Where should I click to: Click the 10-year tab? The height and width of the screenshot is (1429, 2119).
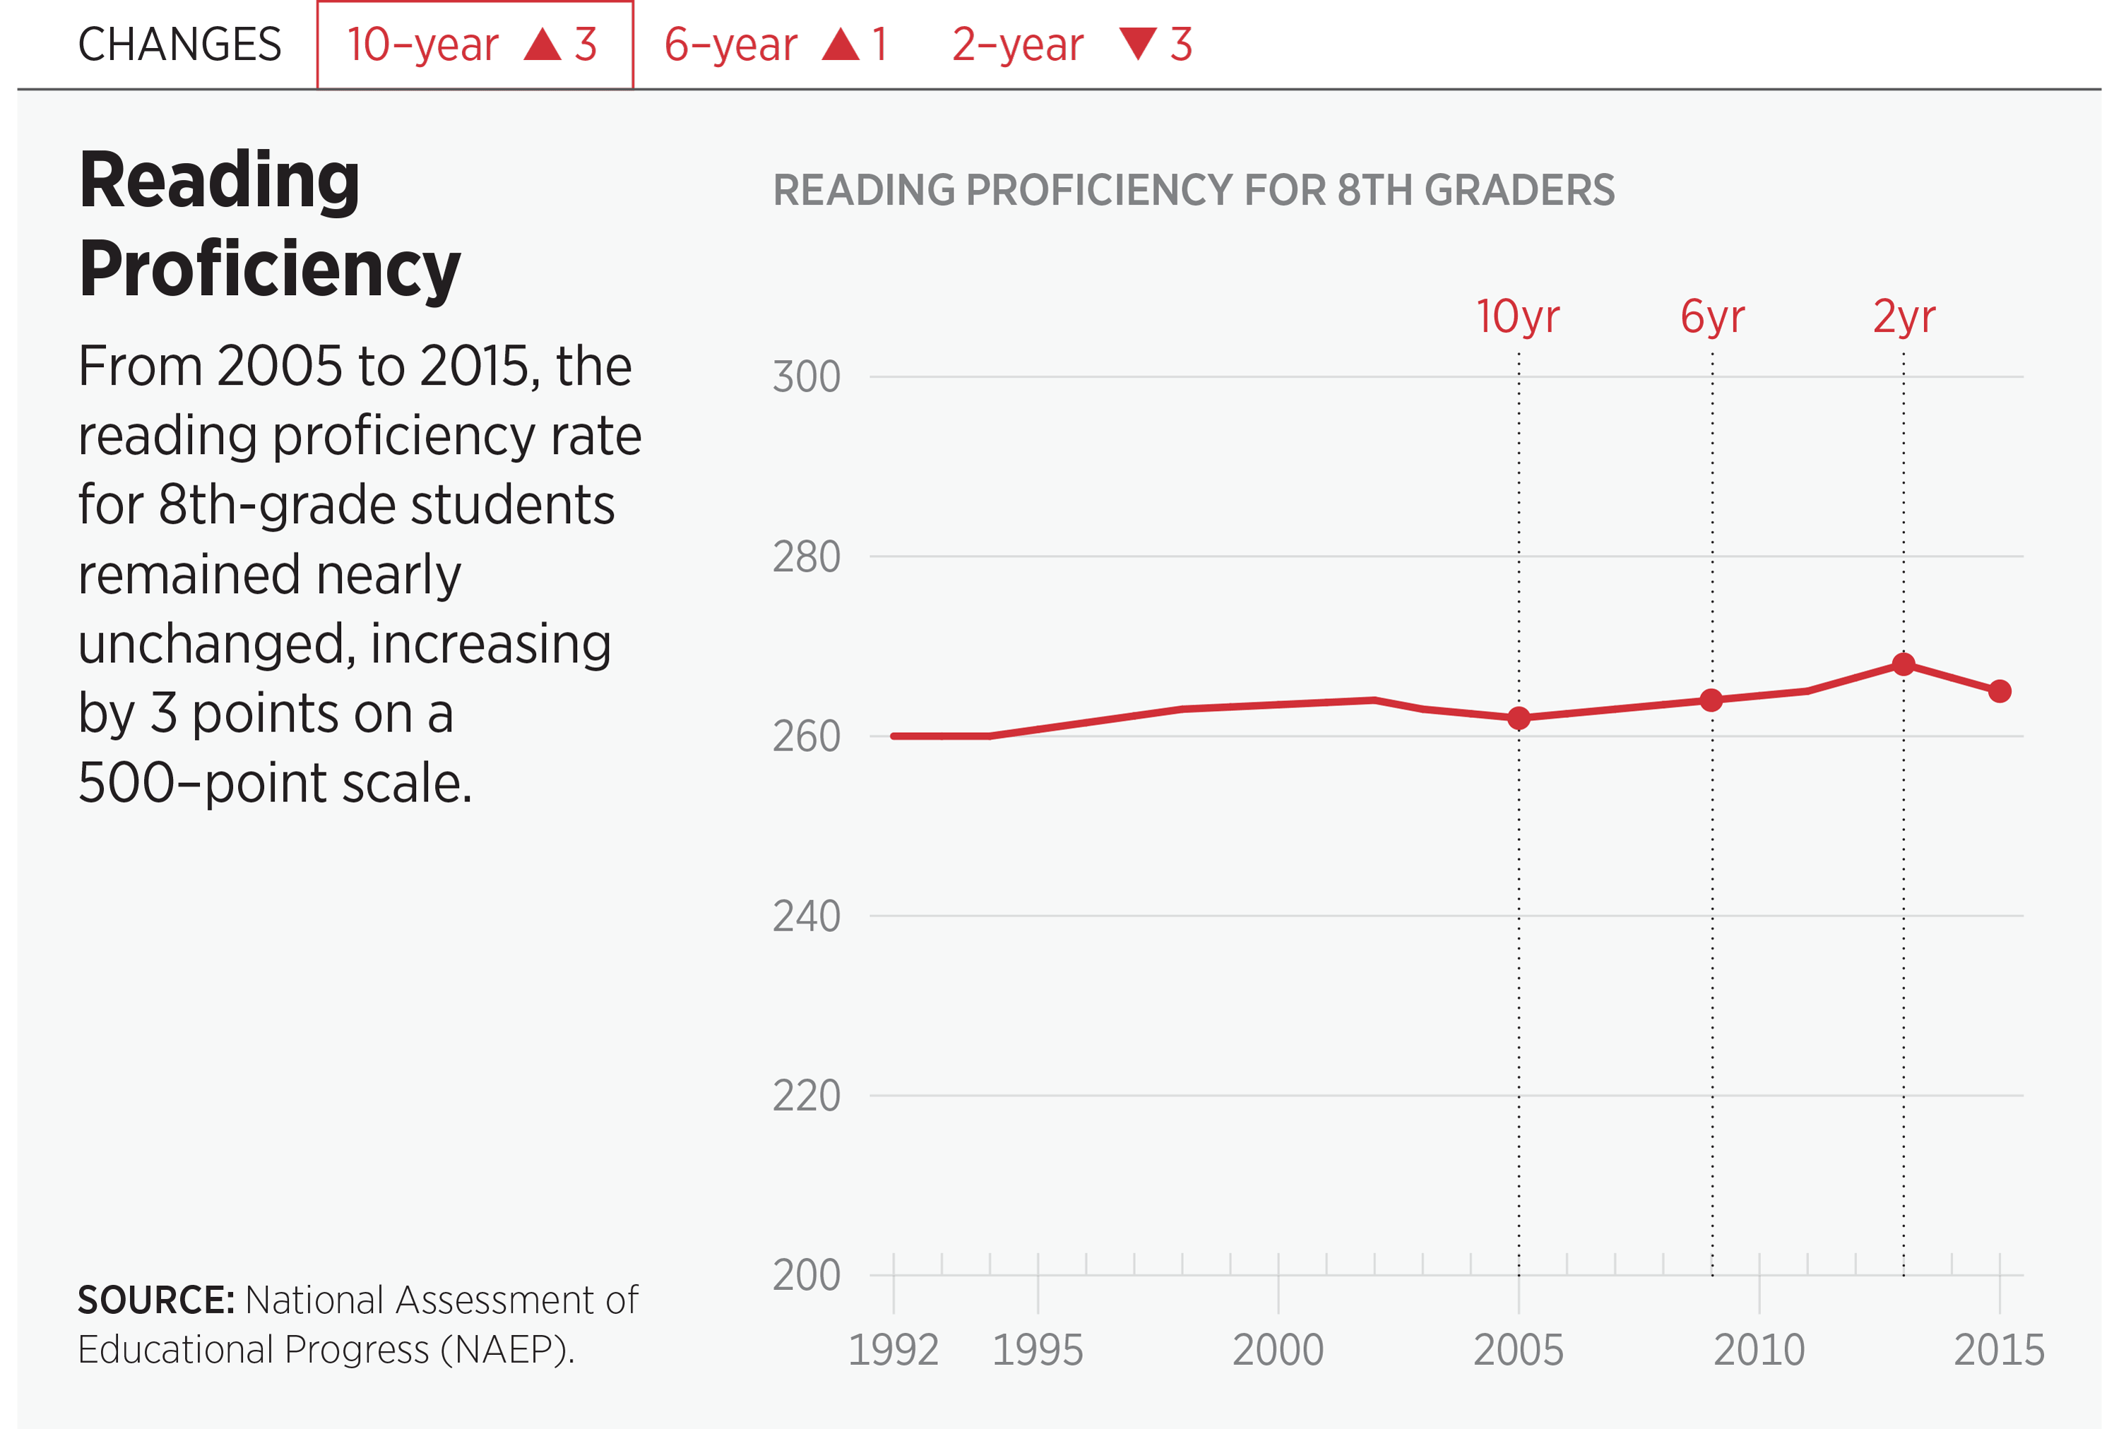coord(474,44)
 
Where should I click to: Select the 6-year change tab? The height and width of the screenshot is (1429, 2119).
coord(775,44)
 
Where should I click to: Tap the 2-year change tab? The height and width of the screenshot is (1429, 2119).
coord(1072,44)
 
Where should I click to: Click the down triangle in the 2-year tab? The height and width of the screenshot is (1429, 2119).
coord(1138,43)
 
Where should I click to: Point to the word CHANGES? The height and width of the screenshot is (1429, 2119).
coord(179,44)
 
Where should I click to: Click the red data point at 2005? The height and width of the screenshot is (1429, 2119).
coord(1518,718)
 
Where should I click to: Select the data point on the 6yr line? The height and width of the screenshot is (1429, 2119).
coord(1711,700)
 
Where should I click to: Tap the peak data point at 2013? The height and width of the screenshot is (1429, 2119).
coord(1903,664)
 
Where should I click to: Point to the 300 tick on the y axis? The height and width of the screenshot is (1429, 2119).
coord(806,377)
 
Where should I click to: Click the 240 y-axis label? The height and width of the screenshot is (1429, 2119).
coord(806,916)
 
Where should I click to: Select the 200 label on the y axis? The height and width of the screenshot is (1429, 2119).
coord(806,1275)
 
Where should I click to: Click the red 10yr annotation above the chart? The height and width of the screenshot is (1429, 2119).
coord(1517,317)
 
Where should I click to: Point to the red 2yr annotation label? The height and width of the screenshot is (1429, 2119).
coord(1904,317)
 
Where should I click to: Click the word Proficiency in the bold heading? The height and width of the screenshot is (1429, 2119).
coord(270,269)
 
